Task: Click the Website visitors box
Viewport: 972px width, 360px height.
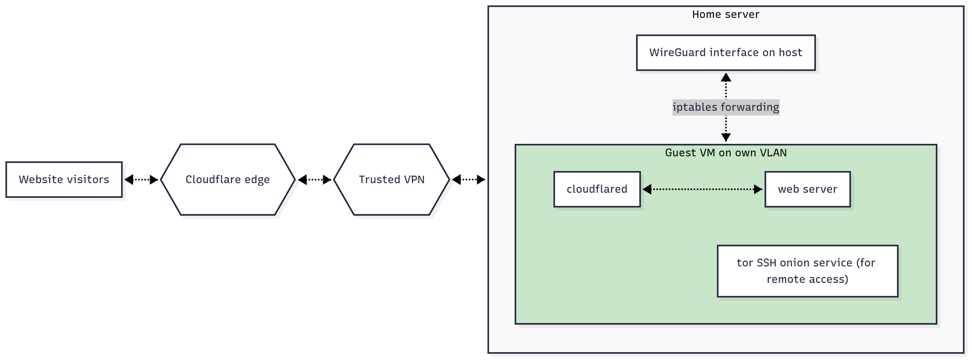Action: tap(64, 180)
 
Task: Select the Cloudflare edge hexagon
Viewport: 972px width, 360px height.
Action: tap(227, 180)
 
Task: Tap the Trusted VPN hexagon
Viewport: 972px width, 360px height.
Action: tap(392, 180)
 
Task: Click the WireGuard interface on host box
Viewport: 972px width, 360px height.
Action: tap(726, 52)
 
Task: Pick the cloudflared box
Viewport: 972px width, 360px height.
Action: tap(597, 189)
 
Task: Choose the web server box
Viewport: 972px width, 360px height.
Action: tap(807, 189)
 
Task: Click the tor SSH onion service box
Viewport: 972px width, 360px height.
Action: tap(807, 271)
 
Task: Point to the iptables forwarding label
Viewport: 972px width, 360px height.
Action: tap(726, 107)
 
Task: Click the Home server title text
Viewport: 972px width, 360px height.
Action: tap(726, 15)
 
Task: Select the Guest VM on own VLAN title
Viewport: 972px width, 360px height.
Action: tap(726, 153)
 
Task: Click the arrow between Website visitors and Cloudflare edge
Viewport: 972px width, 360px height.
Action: tap(141, 180)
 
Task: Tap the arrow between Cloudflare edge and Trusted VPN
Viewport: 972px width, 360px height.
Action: tap(314, 180)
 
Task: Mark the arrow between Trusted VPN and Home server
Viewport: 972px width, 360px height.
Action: tap(469, 180)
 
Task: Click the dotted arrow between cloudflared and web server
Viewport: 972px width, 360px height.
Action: tap(702, 189)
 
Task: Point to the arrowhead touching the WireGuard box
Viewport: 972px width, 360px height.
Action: tap(726, 77)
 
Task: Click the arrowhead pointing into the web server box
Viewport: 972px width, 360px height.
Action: tap(758, 189)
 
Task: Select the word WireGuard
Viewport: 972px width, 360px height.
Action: tap(678, 52)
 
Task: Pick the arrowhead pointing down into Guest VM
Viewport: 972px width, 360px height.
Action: tap(726, 137)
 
